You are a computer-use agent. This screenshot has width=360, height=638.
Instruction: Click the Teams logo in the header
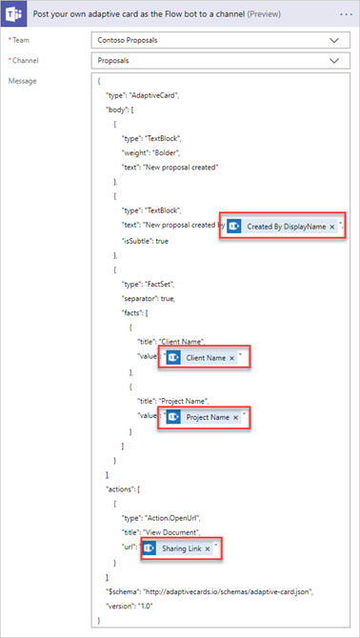click(x=16, y=16)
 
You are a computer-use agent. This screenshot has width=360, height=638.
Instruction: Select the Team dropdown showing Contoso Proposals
click(x=219, y=41)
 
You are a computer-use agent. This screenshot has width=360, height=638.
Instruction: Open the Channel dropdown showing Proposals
click(x=219, y=61)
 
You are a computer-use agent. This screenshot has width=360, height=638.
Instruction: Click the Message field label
click(x=22, y=81)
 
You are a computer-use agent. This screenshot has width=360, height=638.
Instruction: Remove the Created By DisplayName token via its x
click(x=332, y=227)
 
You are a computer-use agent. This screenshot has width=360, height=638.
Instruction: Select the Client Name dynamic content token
click(x=205, y=358)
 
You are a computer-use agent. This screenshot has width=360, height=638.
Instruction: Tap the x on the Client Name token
click(x=231, y=358)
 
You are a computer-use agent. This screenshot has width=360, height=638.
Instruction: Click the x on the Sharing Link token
click(x=207, y=548)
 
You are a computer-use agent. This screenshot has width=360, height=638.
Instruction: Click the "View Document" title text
click(x=188, y=533)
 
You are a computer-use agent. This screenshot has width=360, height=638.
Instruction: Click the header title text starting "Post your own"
click(x=160, y=16)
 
